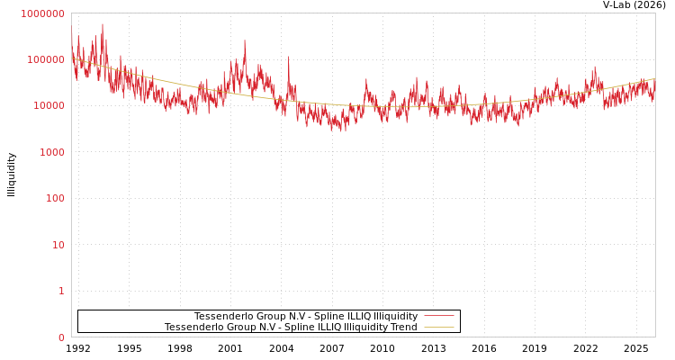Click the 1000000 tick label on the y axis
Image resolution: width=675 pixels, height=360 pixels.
coord(42,13)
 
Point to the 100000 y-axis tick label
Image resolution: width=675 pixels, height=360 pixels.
coord(45,59)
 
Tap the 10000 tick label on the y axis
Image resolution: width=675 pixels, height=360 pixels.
coord(48,106)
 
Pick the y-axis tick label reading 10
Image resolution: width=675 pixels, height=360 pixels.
coord(58,245)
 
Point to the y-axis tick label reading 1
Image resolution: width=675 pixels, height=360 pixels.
coord(61,291)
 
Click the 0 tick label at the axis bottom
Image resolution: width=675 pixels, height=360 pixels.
coord(61,337)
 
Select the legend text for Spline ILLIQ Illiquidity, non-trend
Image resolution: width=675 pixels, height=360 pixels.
coord(306,316)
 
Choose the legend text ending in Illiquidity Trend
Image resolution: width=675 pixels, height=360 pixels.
coord(291,327)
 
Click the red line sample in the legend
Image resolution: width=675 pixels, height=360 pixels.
coord(438,316)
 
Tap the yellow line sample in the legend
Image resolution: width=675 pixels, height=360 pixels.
coord(438,327)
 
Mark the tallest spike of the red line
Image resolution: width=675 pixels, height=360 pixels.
coord(103,24)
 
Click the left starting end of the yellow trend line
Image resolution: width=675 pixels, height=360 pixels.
coord(73,58)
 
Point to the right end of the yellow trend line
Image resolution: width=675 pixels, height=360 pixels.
coord(654,78)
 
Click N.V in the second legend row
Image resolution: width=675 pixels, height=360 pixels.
coord(244,327)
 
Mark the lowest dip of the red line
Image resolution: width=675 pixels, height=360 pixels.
coord(343,131)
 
